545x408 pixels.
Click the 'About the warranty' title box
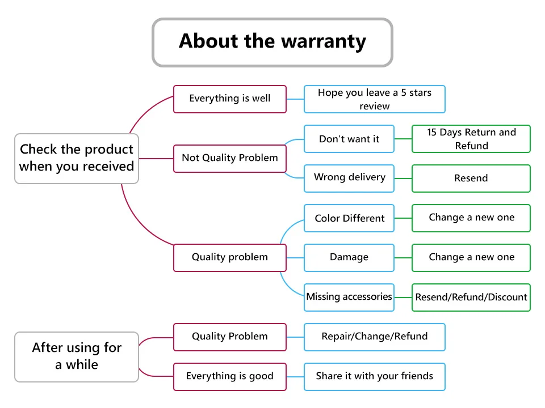coord(272,42)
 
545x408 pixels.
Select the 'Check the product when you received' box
coord(77,159)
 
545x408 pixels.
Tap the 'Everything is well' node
coord(230,99)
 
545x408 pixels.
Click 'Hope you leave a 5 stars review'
coord(375,99)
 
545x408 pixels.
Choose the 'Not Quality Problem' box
coord(230,158)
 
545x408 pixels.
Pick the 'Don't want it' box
coord(349,139)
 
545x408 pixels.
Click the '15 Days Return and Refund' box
coord(471,139)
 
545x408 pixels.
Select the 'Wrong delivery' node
coord(349,178)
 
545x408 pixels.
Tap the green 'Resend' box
coord(471,178)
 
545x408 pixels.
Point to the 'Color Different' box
coord(349,218)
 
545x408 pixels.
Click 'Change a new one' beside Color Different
coord(471,218)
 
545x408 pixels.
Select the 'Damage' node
coord(349,258)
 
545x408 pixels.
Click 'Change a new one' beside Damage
coord(471,258)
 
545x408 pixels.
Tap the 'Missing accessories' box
coord(349,297)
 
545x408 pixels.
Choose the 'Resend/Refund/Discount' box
coord(471,297)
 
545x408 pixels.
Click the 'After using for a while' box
coord(77,357)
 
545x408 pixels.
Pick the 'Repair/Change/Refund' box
coord(375,337)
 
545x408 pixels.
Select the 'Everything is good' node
coord(230,377)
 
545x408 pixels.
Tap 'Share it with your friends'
coord(375,377)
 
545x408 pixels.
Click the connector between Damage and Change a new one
coord(403,258)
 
